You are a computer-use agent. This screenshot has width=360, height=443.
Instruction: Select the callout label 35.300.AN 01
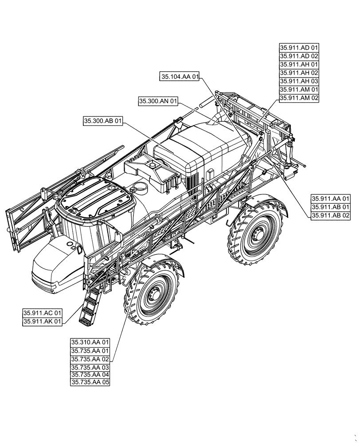[158, 101]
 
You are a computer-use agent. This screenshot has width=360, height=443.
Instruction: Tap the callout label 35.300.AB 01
[102, 120]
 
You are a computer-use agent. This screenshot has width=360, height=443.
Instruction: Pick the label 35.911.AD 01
[299, 48]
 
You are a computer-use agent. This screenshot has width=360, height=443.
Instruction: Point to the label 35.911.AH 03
[299, 82]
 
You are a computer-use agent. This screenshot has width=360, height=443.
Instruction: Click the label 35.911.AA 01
[331, 198]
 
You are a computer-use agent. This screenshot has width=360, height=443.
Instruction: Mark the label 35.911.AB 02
[331, 215]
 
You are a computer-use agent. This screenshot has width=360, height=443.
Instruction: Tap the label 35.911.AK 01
[43, 322]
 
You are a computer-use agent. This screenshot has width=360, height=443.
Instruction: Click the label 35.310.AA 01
[90, 342]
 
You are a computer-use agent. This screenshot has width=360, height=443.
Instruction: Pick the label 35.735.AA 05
[90, 381]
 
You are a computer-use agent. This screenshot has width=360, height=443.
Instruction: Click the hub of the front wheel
[155, 296]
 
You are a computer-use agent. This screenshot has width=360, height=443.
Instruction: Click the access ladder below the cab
[88, 306]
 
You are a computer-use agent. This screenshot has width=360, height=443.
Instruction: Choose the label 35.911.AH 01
[299, 65]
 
